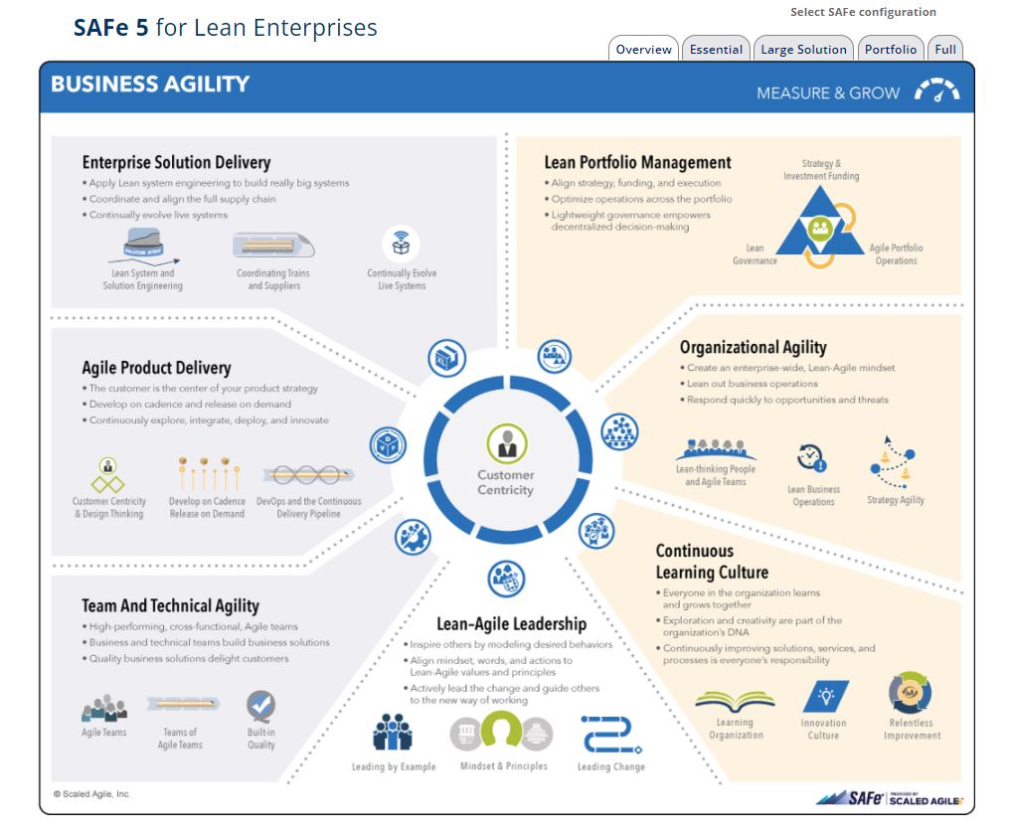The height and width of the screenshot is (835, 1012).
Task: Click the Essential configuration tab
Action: point(716,50)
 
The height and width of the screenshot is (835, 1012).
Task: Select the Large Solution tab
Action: point(803,50)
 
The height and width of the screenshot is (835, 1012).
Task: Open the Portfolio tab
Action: point(891,50)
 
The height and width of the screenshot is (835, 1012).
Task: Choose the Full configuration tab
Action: point(945,50)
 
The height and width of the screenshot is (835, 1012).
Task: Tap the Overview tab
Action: point(643,50)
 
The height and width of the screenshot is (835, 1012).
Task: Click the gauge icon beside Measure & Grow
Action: point(936,92)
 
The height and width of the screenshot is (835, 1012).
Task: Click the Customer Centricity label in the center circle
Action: point(505,482)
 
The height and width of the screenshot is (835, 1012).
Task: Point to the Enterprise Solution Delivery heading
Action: point(176,163)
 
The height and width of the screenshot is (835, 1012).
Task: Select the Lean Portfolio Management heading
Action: point(637,163)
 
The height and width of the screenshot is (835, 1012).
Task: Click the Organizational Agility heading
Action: point(753,347)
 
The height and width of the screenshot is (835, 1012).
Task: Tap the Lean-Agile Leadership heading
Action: point(511,624)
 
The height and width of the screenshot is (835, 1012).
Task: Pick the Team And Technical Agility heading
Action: point(170,605)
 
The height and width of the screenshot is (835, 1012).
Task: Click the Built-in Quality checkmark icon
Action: point(261,707)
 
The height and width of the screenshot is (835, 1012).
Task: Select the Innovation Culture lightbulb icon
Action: point(824,695)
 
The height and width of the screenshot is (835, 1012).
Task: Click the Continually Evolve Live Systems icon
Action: point(402,244)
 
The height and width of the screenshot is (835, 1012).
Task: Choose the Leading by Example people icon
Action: point(392,733)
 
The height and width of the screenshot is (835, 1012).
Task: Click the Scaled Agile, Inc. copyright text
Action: point(91,794)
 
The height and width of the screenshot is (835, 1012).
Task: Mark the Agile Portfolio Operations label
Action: point(896,254)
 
